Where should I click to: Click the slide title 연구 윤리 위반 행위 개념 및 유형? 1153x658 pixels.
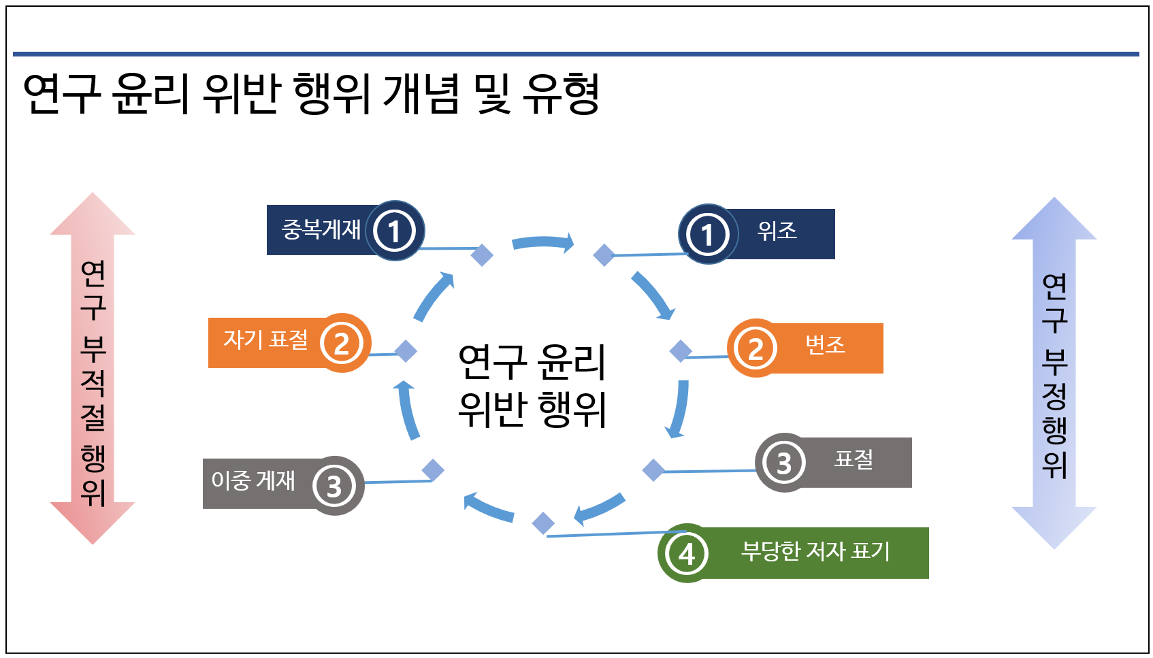311,94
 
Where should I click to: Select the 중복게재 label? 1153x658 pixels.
321,230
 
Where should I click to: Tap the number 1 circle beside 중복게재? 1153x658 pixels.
394,231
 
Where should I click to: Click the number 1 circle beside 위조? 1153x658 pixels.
708,234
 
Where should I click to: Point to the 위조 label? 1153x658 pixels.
777,231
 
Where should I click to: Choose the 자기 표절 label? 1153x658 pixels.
266,340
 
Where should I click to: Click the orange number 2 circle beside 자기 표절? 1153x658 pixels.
342,343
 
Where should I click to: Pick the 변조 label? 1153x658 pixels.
825,346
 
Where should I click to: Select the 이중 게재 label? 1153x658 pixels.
253,481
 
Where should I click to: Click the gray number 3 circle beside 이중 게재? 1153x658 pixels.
334,486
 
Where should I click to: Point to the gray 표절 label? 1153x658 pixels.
854,460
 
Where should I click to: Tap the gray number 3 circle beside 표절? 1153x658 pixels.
783,463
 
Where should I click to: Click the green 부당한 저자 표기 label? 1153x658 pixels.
815,551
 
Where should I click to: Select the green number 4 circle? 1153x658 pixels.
687,553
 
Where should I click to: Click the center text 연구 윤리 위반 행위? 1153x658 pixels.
532,385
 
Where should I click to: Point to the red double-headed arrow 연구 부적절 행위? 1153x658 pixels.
93,368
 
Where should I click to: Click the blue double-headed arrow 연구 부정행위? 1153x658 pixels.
1054,373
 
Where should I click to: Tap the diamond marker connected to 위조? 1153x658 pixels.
604,255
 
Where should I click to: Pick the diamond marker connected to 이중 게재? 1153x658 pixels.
433,470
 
